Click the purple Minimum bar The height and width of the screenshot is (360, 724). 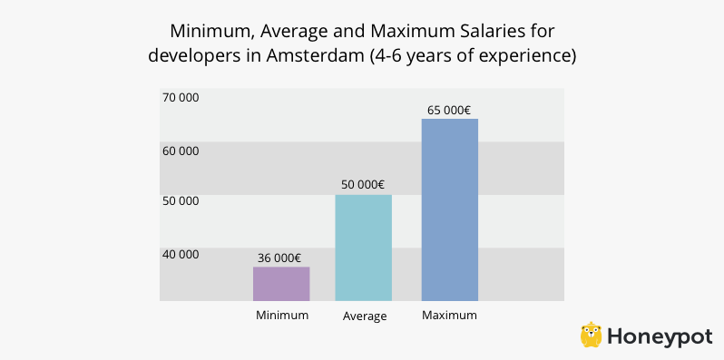click(x=281, y=284)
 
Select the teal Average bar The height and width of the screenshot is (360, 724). click(x=363, y=248)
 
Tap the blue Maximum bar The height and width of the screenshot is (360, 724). click(x=449, y=209)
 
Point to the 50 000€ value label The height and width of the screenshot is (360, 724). click(x=365, y=184)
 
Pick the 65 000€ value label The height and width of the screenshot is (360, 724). click(x=449, y=110)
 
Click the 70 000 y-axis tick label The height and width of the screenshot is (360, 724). click(x=181, y=97)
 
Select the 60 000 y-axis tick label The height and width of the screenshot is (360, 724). click(x=181, y=151)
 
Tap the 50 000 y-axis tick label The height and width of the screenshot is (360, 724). click(x=181, y=200)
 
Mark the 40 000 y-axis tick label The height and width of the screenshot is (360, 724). click(x=181, y=254)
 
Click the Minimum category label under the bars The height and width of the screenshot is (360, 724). click(x=282, y=316)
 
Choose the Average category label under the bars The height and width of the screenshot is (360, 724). click(x=365, y=316)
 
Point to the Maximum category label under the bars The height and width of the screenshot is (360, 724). click(x=449, y=316)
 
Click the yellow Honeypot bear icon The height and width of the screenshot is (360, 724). click(x=592, y=335)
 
